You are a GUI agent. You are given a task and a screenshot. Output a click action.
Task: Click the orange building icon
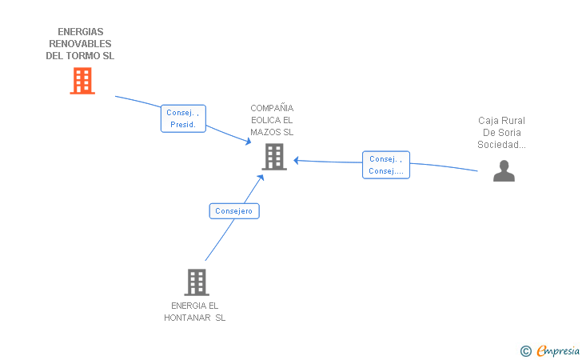(x=82, y=81)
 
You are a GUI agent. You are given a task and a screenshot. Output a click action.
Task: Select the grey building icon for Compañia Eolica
(x=274, y=157)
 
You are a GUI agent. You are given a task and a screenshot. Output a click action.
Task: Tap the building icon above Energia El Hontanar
(x=197, y=282)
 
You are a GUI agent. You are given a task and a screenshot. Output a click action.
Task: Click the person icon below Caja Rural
(x=504, y=171)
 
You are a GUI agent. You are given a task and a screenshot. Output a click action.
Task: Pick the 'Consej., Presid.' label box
(x=183, y=118)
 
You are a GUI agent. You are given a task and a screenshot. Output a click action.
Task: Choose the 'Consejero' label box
(x=234, y=211)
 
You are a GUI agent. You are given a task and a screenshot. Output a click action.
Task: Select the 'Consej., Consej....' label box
(x=386, y=165)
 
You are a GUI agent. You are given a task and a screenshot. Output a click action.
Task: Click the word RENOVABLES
(x=80, y=44)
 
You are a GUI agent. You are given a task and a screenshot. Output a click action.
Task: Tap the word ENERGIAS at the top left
(x=81, y=31)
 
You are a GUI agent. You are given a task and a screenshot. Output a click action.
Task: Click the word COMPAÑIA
(x=272, y=108)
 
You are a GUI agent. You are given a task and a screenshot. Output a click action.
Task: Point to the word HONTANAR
(x=187, y=318)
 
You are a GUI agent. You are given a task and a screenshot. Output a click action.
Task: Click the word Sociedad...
(x=501, y=145)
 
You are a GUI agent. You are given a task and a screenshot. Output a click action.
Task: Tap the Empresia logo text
(x=558, y=350)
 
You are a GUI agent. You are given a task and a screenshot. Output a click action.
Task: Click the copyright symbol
(x=526, y=351)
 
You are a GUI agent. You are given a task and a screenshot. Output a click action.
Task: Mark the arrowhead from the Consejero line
(x=261, y=178)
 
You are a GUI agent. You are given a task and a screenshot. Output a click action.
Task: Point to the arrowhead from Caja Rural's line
(x=296, y=161)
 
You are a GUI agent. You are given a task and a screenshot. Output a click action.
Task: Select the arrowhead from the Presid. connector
(x=249, y=141)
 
